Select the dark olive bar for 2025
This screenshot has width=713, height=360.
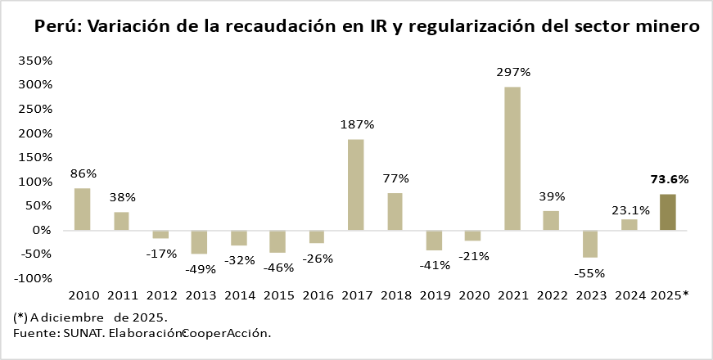coord(668,212)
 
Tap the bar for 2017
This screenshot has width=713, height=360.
coord(356,184)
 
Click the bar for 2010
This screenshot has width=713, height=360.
coord(83,209)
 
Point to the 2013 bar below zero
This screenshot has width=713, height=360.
coord(199,241)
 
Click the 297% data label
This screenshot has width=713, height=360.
coord(513,72)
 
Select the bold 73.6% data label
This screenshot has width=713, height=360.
coord(669,179)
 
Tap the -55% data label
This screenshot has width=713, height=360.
coord(590,272)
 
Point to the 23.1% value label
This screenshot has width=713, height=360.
coord(630,210)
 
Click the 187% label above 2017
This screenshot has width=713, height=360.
coord(357,124)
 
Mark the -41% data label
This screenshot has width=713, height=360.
coord(435,265)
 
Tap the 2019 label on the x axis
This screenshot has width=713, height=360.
coord(435,295)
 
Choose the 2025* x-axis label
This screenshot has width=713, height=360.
coord(669,295)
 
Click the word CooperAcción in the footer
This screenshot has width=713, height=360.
coord(226,333)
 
